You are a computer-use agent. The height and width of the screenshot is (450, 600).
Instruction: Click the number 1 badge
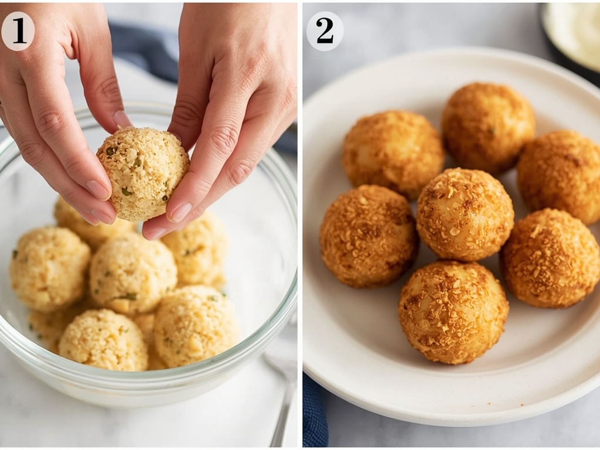tap(18, 31)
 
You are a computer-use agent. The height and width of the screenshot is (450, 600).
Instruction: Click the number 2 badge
tap(325, 31)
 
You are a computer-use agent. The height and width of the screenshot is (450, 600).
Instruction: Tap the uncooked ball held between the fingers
tap(143, 173)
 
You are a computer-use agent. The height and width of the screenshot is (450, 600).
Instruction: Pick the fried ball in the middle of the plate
tap(465, 214)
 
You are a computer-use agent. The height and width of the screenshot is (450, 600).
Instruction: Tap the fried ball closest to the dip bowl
tap(487, 127)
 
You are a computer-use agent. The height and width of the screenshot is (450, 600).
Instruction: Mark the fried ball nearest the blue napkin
tap(369, 236)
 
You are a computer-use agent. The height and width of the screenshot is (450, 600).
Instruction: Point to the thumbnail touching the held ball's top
tap(122, 120)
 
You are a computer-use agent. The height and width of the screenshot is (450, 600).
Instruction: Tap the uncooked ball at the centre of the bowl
tap(133, 272)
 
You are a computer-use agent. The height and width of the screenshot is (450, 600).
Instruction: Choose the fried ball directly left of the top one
tap(392, 154)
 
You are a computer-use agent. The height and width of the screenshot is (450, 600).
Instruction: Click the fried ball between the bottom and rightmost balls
tap(550, 258)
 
